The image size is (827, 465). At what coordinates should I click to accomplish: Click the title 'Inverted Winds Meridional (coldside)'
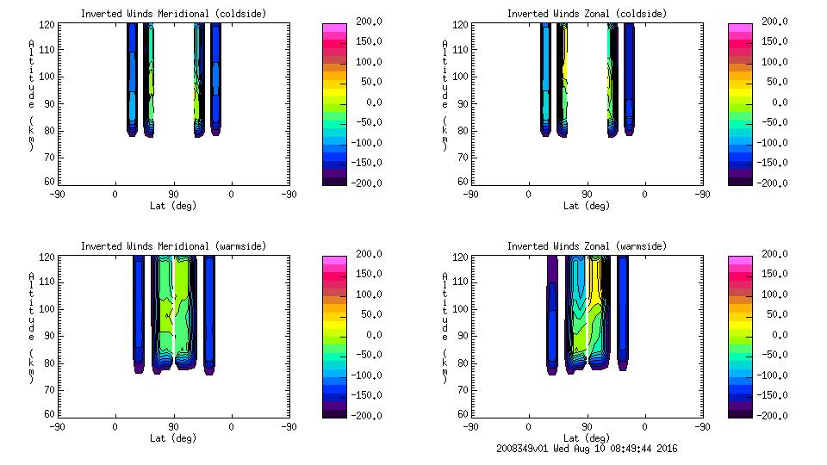174,14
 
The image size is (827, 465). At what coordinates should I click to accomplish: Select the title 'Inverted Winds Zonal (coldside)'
586,14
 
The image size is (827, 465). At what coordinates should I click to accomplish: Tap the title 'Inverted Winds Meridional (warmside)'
174,246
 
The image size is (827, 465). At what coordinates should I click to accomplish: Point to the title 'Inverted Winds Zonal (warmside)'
586,246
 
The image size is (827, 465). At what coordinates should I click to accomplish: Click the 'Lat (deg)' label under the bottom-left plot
174,437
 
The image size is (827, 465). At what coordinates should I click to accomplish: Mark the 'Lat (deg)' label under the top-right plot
587,206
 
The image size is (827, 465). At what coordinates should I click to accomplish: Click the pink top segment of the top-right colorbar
740,28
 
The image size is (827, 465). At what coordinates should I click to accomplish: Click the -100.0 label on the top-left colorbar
359,143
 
